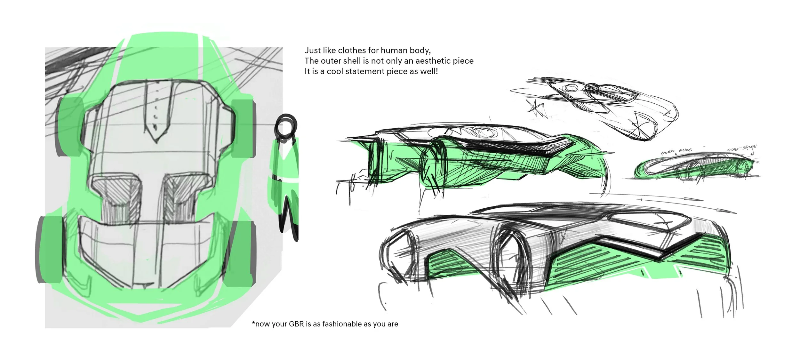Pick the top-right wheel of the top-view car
coord(243,128)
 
